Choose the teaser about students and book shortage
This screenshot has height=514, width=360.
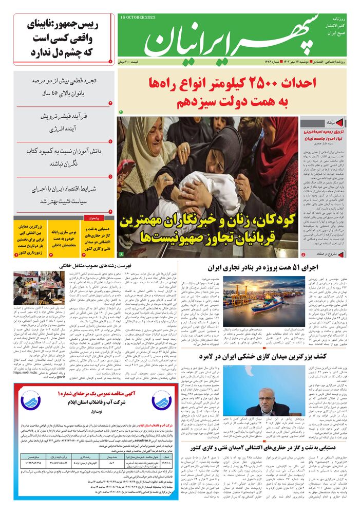pyautogui.click(x=64, y=157)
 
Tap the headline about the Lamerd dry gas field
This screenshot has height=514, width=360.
pyautogui.click(x=277, y=356)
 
